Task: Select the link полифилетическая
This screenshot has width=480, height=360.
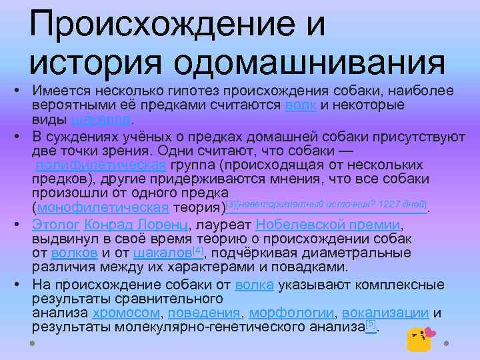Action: click(x=99, y=165)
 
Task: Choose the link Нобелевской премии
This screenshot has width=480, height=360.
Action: click(x=328, y=225)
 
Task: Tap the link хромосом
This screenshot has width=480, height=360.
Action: click(x=127, y=313)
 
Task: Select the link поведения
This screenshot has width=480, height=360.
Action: click(x=204, y=313)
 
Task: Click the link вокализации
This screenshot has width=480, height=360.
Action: click(x=388, y=313)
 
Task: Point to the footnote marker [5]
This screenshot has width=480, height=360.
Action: click(x=371, y=324)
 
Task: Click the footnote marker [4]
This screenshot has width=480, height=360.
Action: click(x=197, y=251)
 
